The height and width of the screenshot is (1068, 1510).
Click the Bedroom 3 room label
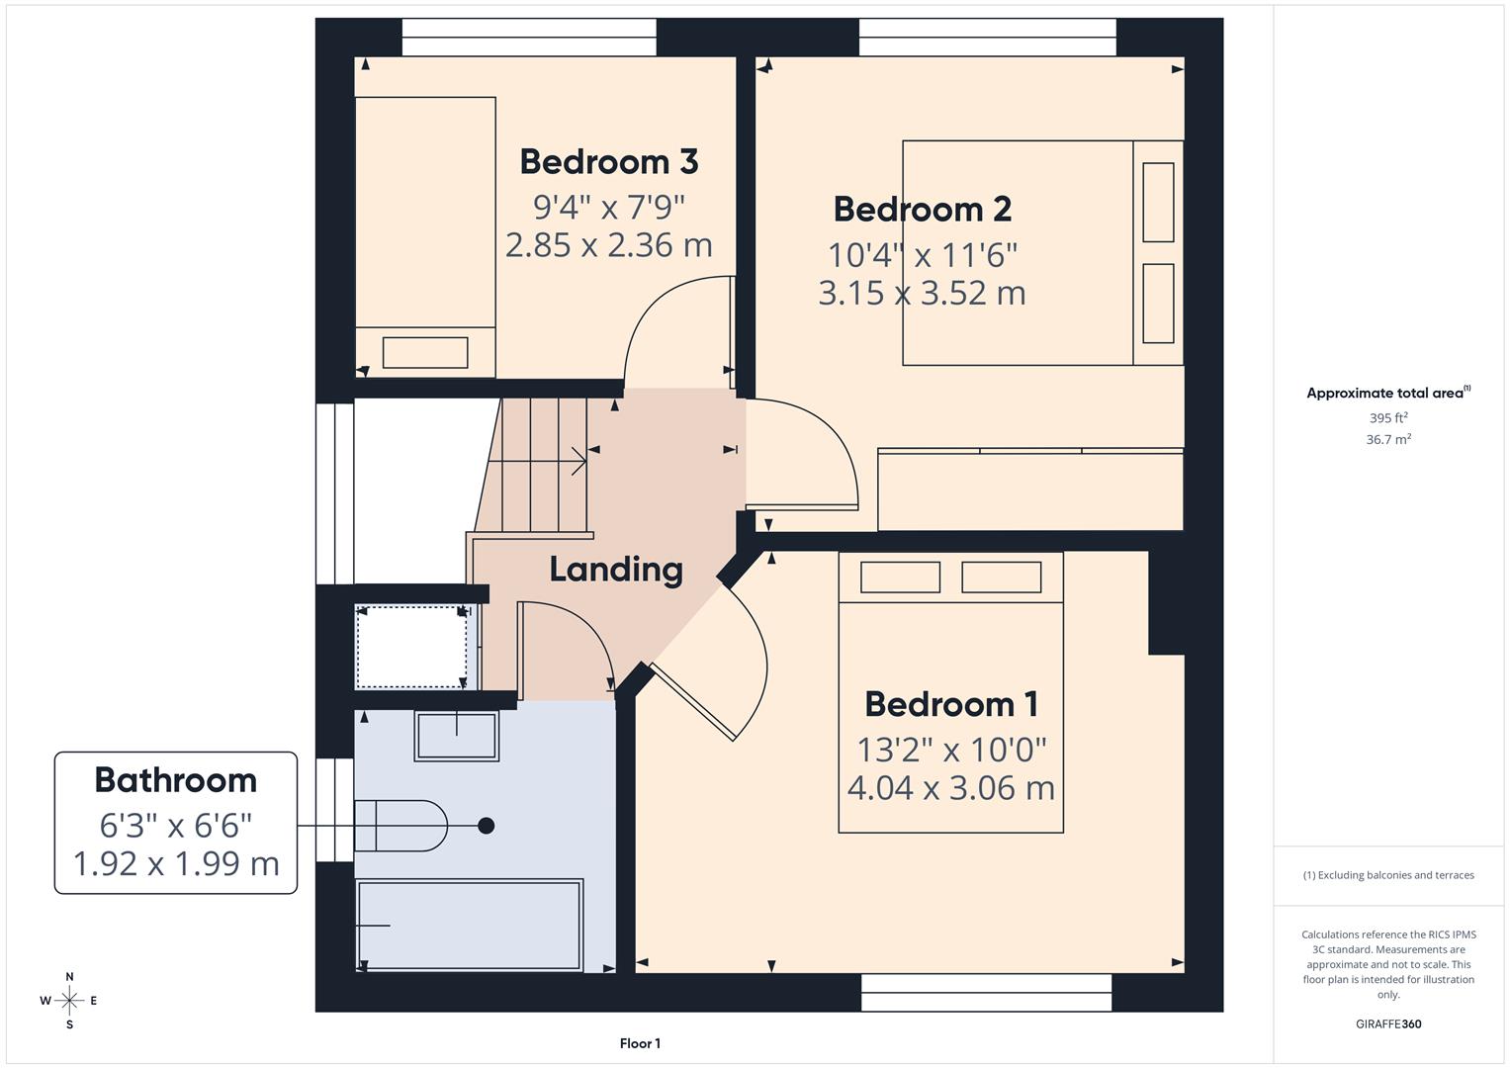tap(608, 161)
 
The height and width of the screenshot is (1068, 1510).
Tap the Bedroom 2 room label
tap(922, 209)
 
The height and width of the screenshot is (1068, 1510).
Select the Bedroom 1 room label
tap(950, 704)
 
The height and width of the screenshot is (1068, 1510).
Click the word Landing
tap(616, 570)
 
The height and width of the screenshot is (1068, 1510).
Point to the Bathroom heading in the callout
tap(176, 780)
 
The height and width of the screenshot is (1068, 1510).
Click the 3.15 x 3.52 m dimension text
tap(922, 294)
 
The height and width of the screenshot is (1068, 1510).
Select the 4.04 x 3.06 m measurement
tap(950, 788)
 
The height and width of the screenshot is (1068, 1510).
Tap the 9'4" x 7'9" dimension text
tap(608, 207)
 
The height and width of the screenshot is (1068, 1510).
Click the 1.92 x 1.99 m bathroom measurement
tap(176, 863)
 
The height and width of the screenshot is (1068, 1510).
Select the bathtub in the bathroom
tap(469, 925)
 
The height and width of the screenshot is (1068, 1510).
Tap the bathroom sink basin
tap(456, 736)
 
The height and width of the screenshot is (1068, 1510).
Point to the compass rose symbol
tap(69, 1001)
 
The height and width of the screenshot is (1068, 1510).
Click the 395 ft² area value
tap(1387, 418)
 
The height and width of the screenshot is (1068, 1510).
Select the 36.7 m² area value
tap(1387, 440)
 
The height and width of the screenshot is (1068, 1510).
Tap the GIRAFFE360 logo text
tap(1387, 1023)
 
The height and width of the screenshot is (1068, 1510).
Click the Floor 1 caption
tap(640, 1043)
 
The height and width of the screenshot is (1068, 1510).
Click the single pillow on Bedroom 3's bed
tap(425, 353)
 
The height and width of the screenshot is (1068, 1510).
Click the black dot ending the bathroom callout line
tap(486, 826)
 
